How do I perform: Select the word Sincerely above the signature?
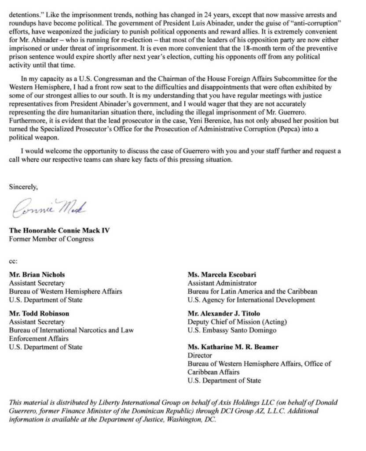23,186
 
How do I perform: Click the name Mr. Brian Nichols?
37,274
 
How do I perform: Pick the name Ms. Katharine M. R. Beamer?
233,347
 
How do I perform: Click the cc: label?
13,261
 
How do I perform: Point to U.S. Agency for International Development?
251,299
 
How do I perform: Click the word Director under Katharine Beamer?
200,355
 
